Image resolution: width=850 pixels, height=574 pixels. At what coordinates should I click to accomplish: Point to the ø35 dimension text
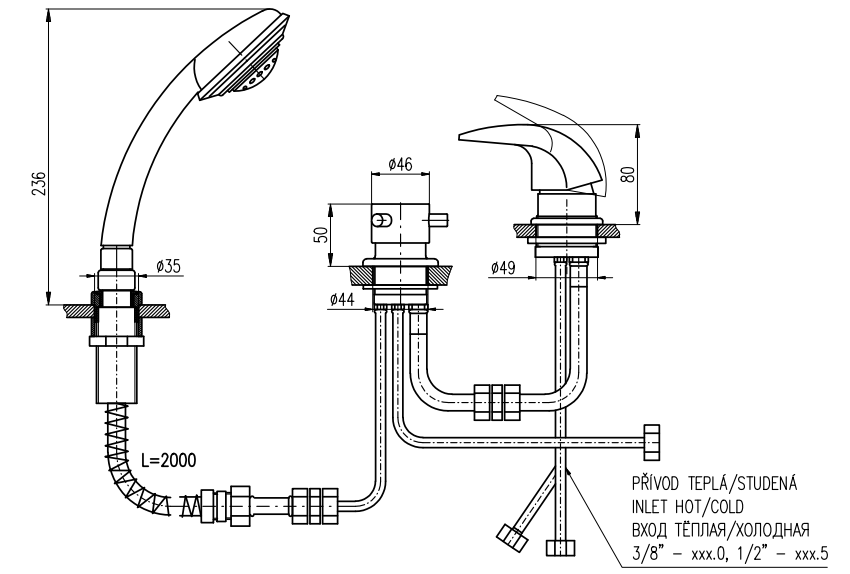click(x=169, y=267)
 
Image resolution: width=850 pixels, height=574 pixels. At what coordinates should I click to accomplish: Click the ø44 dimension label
click(x=342, y=300)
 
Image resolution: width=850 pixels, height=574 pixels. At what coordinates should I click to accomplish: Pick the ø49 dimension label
click(x=505, y=267)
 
